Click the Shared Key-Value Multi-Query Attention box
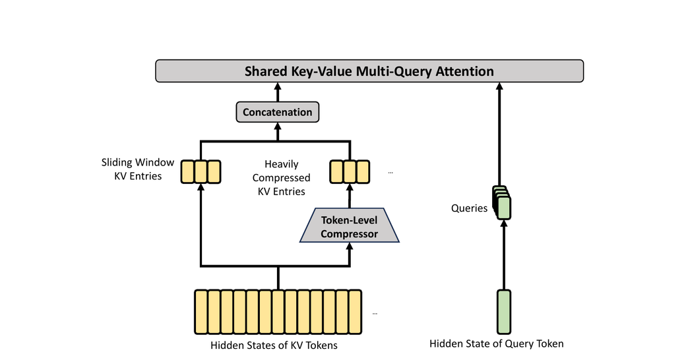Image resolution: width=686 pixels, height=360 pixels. tap(369, 71)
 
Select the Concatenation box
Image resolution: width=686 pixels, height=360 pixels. tap(277, 112)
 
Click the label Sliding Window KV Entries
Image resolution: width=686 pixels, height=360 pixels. tap(138, 169)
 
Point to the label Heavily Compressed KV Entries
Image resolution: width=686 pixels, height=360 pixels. tap(281, 177)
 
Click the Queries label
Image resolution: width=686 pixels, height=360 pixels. tap(469, 208)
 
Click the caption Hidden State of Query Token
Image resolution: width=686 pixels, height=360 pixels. tap(496, 344)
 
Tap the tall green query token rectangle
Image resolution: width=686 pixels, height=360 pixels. tap(504, 311)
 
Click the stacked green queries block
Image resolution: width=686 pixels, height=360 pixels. tap(502, 203)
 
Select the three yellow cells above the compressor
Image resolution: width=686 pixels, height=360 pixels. tap(350, 171)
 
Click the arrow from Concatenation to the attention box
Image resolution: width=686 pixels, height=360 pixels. tap(277, 92)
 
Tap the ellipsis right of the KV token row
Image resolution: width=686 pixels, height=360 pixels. tap(375, 313)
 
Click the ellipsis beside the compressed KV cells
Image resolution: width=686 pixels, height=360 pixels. tap(390, 173)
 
